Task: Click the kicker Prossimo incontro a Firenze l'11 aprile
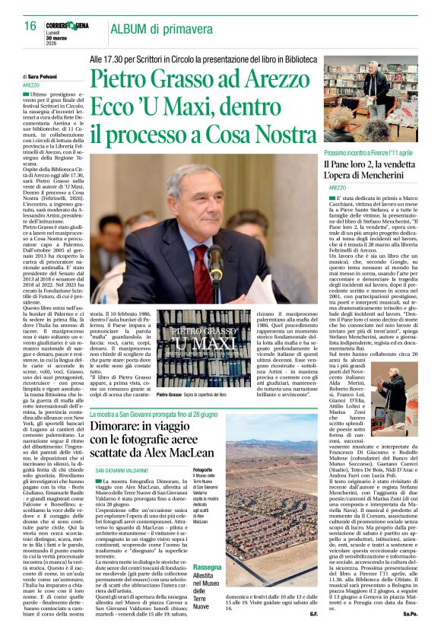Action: [x=363, y=154]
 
